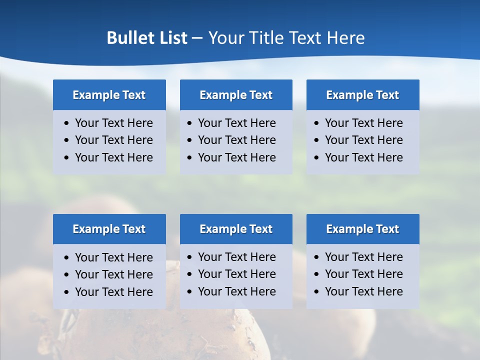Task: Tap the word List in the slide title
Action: [x=171, y=38]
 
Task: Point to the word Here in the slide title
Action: [x=345, y=38]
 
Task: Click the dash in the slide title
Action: [x=197, y=38]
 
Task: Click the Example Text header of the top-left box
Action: [x=109, y=95]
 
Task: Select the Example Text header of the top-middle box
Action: [x=236, y=95]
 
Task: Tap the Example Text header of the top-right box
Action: [x=362, y=95]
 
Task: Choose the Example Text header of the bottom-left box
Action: [x=109, y=229]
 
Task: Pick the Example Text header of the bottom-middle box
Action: [x=236, y=229]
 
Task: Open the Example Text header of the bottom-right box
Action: [x=362, y=229]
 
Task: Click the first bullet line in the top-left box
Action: [x=113, y=123]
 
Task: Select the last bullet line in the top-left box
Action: [x=113, y=157]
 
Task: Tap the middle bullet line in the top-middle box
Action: [x=236, y=140]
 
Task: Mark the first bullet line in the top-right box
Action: [x=363, y=123]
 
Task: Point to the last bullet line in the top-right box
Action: [x=363, y=157]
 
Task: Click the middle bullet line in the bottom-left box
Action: [x=113, y=274]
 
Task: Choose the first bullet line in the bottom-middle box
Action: [x=236, y=257]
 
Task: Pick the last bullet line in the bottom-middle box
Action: [x=236, y=291]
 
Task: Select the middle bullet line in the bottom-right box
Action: [x=363, y=274]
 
